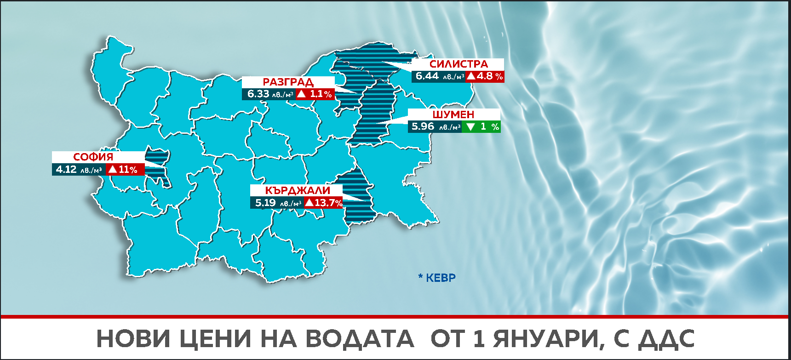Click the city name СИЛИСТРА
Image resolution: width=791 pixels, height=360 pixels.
coord(458,64)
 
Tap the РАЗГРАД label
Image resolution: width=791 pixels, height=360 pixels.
coord(288,82)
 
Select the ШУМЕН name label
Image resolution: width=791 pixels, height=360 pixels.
coord(453,114)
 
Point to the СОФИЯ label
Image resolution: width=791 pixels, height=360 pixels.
coord(93,157)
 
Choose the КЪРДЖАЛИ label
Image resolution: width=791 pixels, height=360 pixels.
coord(297,190)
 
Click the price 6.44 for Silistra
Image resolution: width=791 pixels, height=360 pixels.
coord(427,76)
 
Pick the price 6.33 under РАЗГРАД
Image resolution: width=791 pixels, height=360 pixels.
coord(258,94)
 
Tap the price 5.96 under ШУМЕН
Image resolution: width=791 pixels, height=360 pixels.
coord(423,126)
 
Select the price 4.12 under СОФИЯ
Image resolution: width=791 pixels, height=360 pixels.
coord(66,170)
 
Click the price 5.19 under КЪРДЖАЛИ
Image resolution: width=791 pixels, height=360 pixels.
coord(265,203)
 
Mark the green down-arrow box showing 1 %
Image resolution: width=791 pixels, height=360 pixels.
coord(481,126)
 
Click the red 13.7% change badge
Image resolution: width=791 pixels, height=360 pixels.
coord(323,203)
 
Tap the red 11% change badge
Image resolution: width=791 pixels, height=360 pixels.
coord(125,170)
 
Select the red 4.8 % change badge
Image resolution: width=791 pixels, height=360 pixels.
coord(485,76)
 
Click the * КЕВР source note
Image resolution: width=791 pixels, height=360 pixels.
coord(437,278)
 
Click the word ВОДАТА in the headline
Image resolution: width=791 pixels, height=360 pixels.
coord(360,339)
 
